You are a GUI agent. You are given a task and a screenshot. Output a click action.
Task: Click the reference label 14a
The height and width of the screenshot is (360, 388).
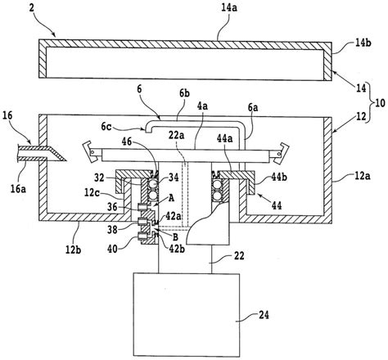(x=229, y=7)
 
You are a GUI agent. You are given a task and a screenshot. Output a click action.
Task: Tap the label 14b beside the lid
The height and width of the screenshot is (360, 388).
(x=363, y=43)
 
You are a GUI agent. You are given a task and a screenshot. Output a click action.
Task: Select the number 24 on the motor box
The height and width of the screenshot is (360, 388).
(x=264, y=315)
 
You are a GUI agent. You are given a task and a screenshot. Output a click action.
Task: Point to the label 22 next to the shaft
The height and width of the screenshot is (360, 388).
(x=239, y=256)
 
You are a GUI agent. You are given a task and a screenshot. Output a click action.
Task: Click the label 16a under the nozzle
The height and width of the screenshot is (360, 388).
(x=18, y=189)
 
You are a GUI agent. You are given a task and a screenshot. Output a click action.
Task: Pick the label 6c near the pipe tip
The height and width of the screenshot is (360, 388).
(x=106, y=126)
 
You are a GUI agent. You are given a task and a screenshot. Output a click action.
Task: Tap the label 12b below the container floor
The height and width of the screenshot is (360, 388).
(x=73, y=250)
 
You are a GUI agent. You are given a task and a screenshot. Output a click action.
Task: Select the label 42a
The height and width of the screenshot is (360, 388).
(x=174, y=216)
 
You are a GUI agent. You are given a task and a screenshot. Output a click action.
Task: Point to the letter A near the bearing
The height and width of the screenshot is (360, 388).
(x=171, y=198)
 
